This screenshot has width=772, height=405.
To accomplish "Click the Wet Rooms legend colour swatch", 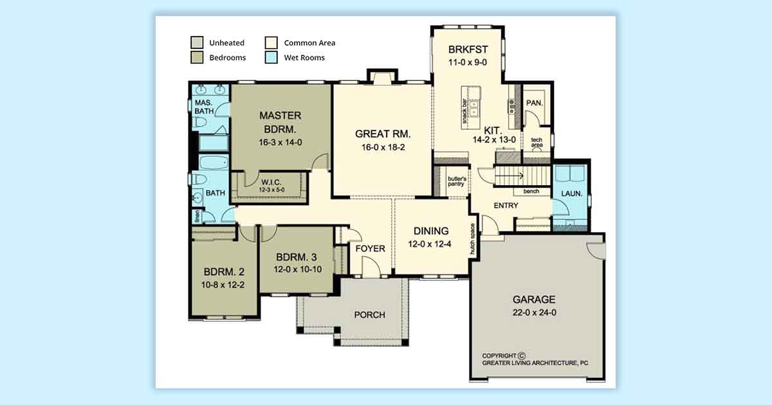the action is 271,57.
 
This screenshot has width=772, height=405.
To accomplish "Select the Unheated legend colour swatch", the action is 197,42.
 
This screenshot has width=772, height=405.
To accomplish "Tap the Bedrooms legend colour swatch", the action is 197,57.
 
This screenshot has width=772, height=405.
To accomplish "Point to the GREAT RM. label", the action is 383,134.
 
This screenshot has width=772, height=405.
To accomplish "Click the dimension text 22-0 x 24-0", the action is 534,312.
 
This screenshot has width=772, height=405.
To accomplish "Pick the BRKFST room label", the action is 468,50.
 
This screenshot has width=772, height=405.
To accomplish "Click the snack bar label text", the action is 464,111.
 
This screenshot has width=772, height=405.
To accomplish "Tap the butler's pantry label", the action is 457,181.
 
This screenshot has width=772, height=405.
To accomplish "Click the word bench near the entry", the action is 531,191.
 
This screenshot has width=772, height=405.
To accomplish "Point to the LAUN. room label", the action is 572,194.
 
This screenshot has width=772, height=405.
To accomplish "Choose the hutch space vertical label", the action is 472,239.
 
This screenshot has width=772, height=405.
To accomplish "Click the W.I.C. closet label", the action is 271,182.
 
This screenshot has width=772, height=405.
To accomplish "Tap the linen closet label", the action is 197,216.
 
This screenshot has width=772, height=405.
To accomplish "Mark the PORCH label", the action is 369,315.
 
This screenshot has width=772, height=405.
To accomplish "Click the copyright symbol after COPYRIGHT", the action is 522,355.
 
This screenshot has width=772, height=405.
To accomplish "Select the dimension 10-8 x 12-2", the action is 223,285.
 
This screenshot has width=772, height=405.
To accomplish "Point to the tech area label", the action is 537,142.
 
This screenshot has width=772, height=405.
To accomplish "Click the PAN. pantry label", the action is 535,103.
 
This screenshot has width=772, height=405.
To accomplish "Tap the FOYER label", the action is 370,248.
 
